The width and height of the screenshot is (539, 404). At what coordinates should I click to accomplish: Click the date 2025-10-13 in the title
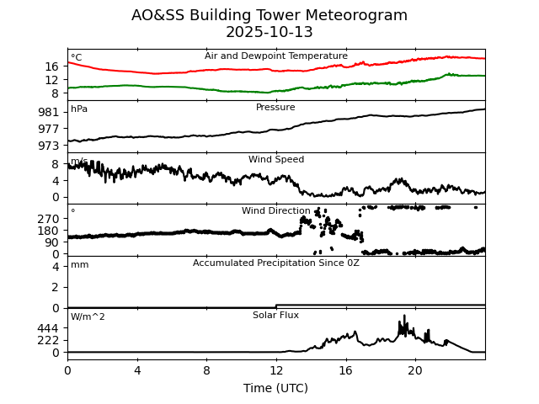[x=269, y=33]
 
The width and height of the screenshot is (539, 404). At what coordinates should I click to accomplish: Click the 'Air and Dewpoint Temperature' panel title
[x=276, y=56]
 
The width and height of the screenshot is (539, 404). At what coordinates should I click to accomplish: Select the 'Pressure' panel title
[x=276, y=108]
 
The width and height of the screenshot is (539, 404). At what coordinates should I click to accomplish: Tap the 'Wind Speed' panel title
[x=276, y=160]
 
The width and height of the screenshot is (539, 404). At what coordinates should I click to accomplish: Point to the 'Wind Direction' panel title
[x=276, y=211]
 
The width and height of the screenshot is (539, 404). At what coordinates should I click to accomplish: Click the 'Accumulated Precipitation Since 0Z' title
[x=276, y=263]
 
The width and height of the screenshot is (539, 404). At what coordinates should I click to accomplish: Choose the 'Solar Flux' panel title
[x=276, y=316]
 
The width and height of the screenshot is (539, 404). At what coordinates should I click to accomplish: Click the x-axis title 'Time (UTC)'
[x=276, y=388]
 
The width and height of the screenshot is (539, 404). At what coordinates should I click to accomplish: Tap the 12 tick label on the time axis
[x=276, y=369]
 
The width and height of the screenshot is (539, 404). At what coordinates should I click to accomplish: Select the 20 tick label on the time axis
[x=415, y=369]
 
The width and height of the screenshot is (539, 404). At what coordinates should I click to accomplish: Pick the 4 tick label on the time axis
[x=137, y=369]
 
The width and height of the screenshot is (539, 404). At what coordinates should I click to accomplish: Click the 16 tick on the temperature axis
[x=52, y=66]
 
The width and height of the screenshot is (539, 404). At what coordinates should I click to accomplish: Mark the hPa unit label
[x=79, y=109]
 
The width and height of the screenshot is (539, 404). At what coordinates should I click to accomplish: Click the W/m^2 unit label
[x=88, y=317]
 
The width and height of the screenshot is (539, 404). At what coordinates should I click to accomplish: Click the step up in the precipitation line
[x=276, y=306]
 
